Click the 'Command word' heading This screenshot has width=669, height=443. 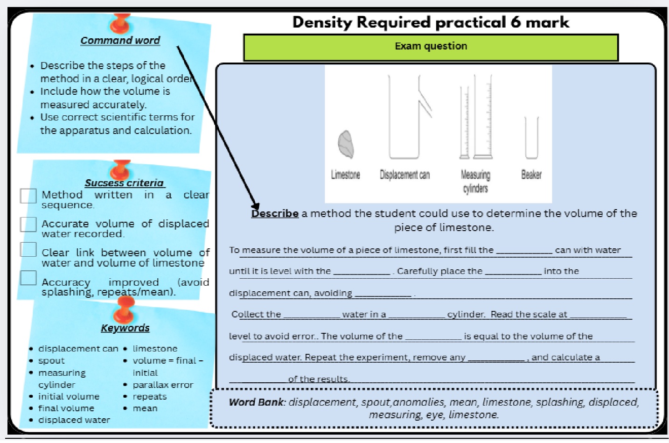(x=120, y=41)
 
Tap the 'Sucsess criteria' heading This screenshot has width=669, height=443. (x=124, y=183)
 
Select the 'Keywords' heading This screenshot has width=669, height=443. (x=125, y=328)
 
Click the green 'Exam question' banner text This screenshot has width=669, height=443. (x=431, y=46)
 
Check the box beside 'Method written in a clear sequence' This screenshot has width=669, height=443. (x=28, y=196)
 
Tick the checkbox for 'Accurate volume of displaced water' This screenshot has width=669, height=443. (x=28, y=224)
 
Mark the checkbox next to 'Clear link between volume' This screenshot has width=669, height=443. (x=28, y=250)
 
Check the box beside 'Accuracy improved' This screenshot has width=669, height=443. (x=28, y=278)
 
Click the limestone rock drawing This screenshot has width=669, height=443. (x=346, y=144)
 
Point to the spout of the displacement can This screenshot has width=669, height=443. (x=425, y=103)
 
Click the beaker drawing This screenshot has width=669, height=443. (x=531, y=138)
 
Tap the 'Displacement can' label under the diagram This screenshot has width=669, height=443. (x=404, y=175)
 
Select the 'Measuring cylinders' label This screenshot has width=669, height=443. (x=475, y=182)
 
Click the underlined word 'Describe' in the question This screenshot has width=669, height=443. (x=275, y=214)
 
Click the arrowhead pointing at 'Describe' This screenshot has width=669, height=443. (x=255, y=205)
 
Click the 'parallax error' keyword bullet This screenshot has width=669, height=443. (x=163, y=385)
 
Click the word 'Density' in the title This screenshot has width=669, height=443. (x=322, y=22)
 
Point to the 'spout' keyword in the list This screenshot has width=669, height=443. (x=51, y=361)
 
